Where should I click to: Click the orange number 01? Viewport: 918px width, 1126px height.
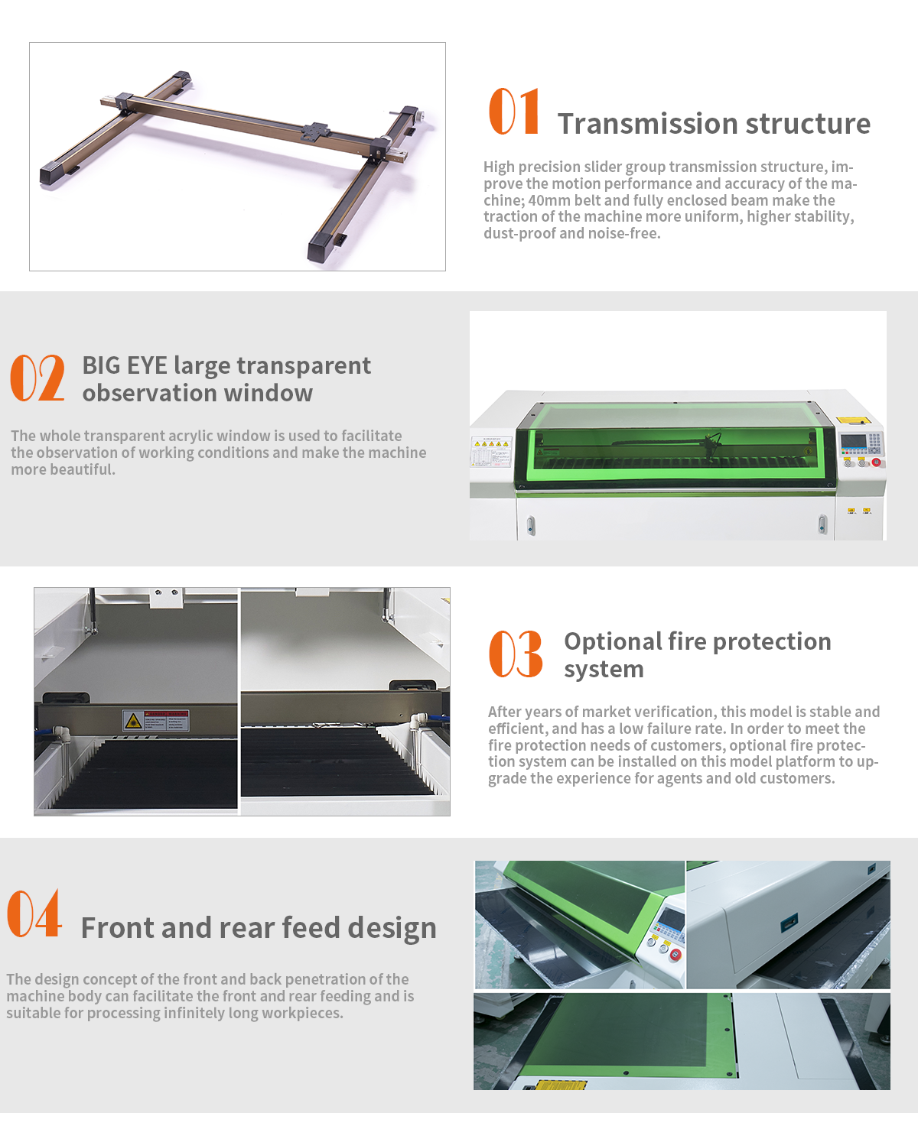tap(514, 111)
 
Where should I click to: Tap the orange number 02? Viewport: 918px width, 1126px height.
tap(37, 378)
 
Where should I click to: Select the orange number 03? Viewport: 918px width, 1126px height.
tap(516, 654)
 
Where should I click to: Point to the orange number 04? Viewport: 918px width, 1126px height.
tap(34, 913)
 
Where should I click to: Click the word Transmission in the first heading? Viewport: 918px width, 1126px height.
tap(648, 124)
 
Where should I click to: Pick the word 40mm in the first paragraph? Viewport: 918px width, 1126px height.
tap(549, 200)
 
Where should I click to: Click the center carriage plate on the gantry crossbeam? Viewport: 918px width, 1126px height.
tap(315, 131)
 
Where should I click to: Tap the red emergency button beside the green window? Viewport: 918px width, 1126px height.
tap(876, 462)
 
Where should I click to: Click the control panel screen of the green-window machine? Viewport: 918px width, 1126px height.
tap(853, 441)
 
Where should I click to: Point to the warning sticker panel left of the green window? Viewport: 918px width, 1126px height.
tap(491, 452)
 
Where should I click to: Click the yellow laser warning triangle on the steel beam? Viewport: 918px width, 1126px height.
tap(133, 720)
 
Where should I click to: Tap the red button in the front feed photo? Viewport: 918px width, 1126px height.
tap(675, 955)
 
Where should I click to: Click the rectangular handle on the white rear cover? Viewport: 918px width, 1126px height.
tap(789, 921)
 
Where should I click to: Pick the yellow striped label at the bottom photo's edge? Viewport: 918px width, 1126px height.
tap(562, 1085)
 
